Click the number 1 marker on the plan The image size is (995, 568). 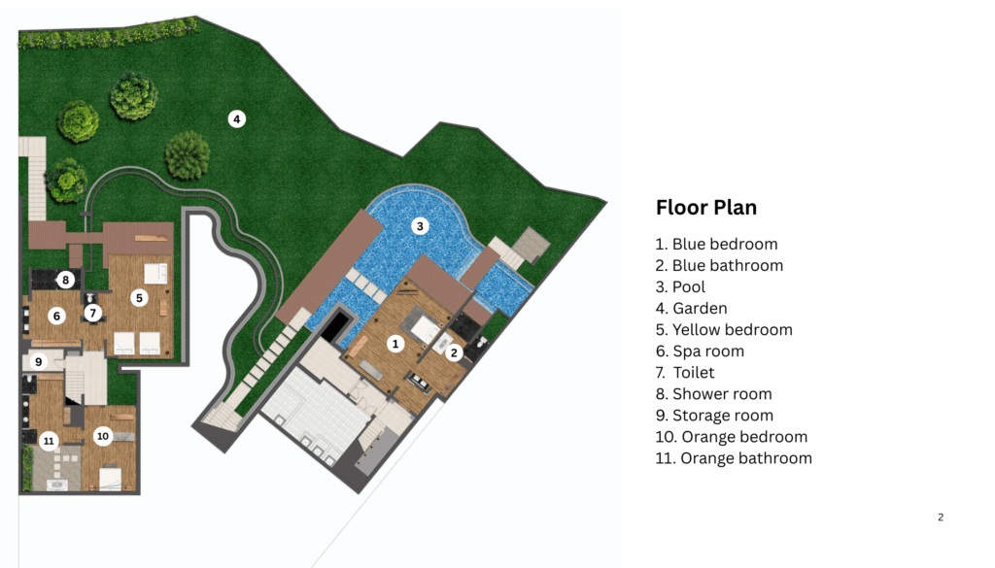point(395,344)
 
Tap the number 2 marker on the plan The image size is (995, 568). point(454,353)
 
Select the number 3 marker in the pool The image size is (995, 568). point(420,225)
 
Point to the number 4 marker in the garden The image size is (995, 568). point(237,118)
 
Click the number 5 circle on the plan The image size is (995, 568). point(139,297)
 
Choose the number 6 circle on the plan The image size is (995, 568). point(56,316)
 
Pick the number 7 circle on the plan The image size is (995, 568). point(92,313)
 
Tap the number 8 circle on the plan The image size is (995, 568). point(65,280)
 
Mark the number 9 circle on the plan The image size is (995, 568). point(39,362)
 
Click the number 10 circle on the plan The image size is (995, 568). point(103,436)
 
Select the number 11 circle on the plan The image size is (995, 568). point(49,441)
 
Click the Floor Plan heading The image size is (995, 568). point(706,208)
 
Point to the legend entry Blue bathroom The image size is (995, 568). point(719,266)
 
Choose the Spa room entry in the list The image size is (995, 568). point(700,351)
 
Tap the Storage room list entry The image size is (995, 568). point(714,416)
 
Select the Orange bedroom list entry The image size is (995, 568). point(731,437)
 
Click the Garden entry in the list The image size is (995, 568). point(691,308)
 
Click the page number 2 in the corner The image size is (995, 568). point(941,518)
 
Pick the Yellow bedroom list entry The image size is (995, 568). point(724,330)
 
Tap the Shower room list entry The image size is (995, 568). point(713,393)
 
